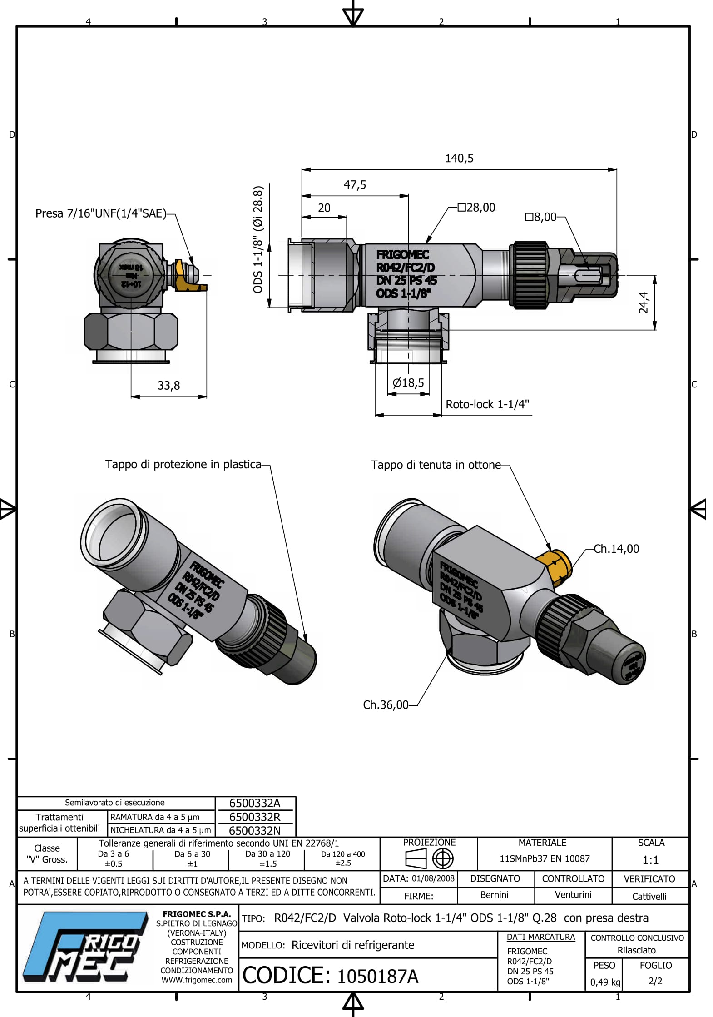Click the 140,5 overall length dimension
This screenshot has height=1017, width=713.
click(459, 159)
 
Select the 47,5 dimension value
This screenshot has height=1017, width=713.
click(355, 185)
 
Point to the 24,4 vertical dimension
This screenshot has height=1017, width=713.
click(644, 302)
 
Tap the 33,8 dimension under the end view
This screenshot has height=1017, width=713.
click(168, 386)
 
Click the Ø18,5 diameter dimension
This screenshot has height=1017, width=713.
click(408, 383)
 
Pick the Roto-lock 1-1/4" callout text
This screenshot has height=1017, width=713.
click(487, 404)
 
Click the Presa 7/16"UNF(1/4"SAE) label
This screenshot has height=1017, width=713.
click(101, 213)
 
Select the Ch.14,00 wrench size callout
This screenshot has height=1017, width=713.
click(616, 549)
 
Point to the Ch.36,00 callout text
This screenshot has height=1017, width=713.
click(386, 705)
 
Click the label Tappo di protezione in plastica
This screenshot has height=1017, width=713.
click(183, 464)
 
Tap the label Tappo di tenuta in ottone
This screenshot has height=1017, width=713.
click(436, 465)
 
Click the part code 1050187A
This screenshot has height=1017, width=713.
click(377, 976)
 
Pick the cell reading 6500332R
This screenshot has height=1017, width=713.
click(255, 817)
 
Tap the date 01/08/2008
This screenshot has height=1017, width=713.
click(433, 878)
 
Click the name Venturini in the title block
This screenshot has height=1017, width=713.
click(573, 895)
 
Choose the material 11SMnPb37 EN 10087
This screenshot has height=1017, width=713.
click(545, 859)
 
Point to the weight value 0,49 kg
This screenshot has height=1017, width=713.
click(605, 982)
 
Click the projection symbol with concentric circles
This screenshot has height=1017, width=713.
click(442, 859)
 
